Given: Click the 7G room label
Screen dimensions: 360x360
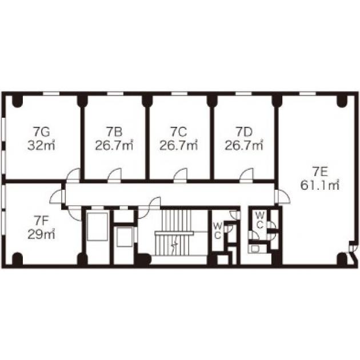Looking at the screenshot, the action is [41, 132].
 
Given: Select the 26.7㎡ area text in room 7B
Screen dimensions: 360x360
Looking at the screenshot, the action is [114, 145].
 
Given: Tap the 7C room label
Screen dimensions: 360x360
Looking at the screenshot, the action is [179, 132].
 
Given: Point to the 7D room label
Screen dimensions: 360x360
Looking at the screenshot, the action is [244, 132].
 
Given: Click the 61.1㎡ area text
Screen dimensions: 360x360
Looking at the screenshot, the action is [320, 185].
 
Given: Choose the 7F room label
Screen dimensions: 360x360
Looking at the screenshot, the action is [41, 221].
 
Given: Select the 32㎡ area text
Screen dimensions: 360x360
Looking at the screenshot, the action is [41, 145].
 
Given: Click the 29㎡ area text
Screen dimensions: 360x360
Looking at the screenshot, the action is [41, 234].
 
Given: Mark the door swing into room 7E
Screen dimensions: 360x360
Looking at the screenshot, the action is [284, 197].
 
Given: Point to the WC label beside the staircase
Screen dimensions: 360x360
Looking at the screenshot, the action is [217, 231].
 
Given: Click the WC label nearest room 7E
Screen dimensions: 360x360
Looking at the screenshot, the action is [259, 221].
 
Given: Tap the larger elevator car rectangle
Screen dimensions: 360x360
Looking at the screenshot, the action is [98, 227].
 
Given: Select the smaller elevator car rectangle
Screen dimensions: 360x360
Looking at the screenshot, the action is [125, 237].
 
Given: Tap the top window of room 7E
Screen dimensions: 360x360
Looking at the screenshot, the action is [307, 94].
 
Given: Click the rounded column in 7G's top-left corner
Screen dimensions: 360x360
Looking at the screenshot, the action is [18, 101].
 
